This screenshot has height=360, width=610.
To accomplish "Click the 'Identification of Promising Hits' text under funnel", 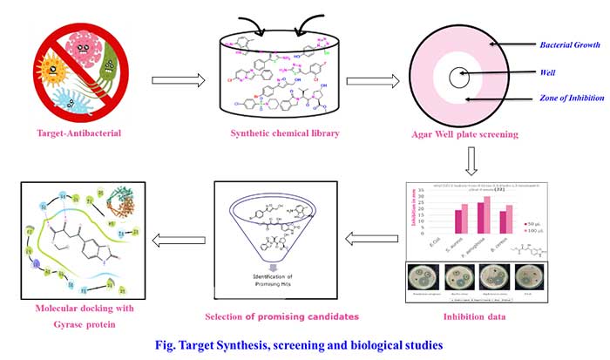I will pyautogui.click(x=276, y=282).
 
